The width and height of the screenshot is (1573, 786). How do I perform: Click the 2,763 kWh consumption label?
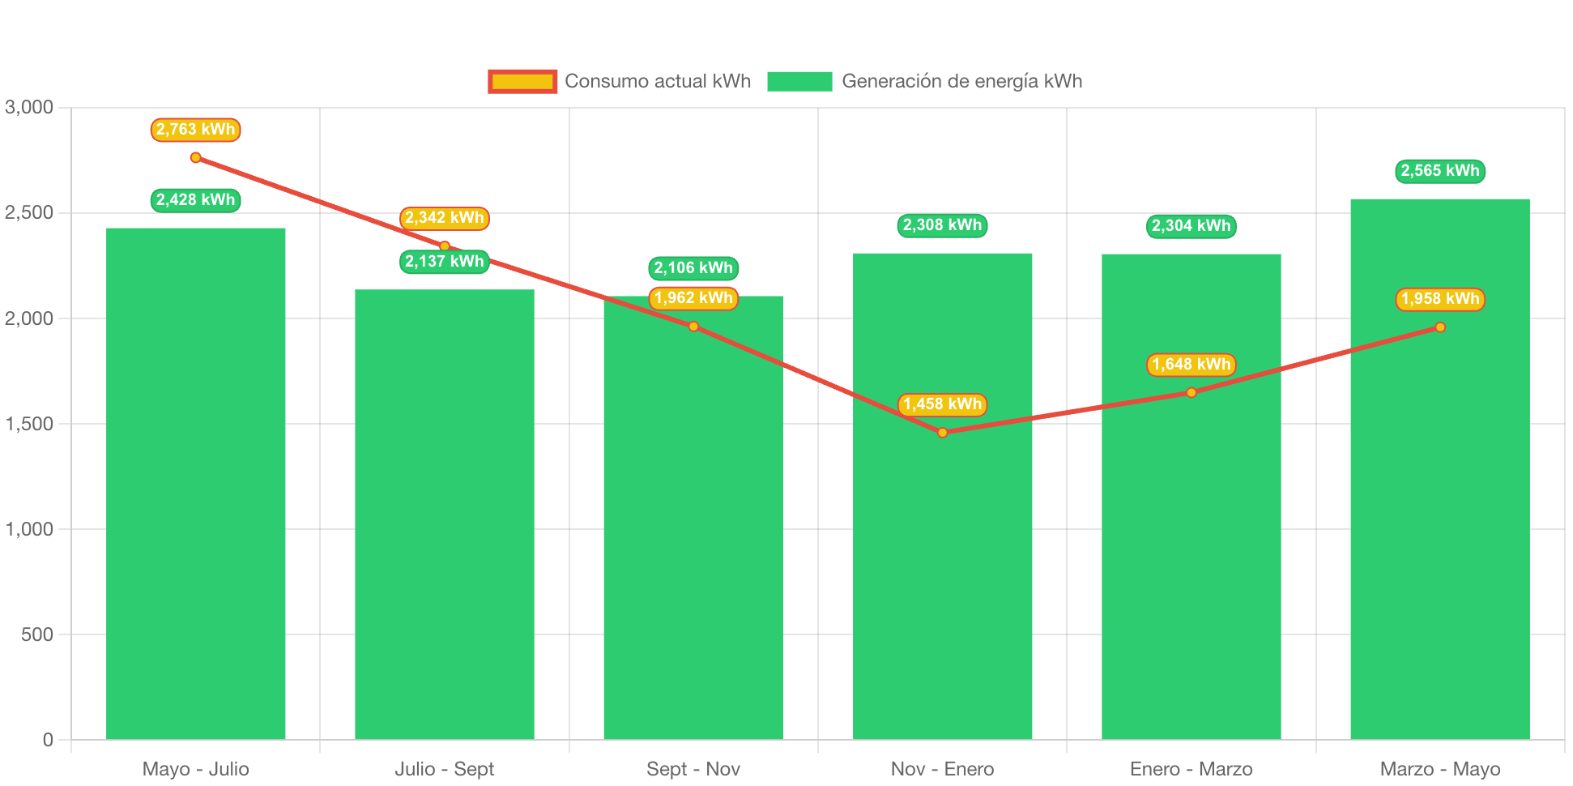point(195,130)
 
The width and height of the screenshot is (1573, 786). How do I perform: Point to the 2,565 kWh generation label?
point(1439,171)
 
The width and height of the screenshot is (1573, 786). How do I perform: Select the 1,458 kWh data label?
point(942,404)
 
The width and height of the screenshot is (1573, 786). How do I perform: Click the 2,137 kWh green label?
point(444,262)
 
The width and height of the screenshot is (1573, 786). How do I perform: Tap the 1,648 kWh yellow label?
point(1191,365)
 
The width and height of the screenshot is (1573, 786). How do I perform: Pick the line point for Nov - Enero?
point(942,433)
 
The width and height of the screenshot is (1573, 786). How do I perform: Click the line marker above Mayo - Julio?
point(195,157)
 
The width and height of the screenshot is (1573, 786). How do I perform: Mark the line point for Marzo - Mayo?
point(1439,327)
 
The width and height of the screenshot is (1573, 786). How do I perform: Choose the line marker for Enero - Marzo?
point(1191,392)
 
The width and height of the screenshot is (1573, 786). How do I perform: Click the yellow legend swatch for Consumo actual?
point(522,81)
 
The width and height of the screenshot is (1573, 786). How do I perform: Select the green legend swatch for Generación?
point(799,81)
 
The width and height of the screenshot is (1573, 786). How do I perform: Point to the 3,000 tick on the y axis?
point(29,107)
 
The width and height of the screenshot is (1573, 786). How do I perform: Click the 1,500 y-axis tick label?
point(29,424)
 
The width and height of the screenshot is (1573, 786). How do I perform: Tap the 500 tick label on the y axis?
point(37,634)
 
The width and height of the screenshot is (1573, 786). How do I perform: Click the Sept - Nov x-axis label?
point(693,769)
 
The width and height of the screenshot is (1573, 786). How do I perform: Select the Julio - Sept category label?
point(444,769)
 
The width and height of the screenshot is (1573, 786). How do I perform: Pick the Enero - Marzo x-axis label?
point(1191,769)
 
